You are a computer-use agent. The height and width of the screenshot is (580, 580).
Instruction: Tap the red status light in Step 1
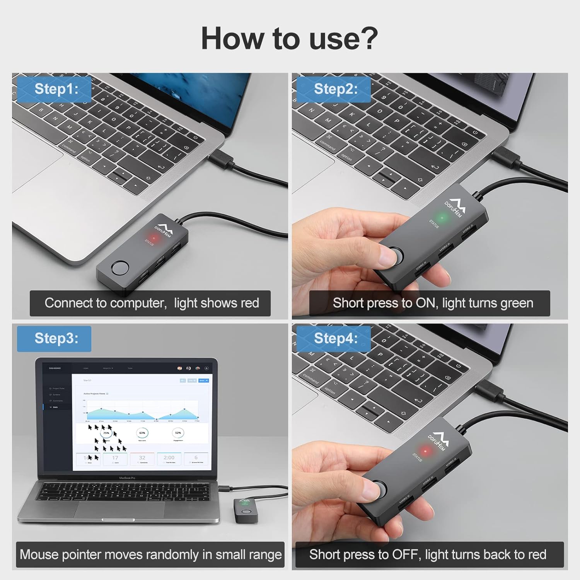click(154, 237)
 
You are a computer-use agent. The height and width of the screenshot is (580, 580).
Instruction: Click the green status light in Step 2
click(442, 218)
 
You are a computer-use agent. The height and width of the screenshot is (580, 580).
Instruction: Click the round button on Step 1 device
click(119, 268)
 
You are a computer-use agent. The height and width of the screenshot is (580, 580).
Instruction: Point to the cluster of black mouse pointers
click(106, 439)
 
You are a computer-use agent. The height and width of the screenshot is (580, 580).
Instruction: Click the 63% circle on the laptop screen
click(142, 433)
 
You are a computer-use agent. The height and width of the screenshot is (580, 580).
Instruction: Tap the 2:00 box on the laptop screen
click(169, 459)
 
